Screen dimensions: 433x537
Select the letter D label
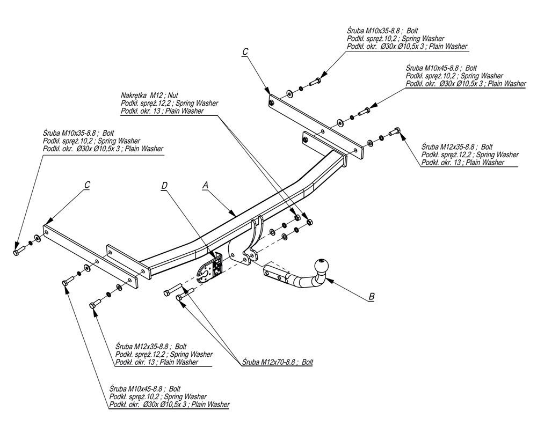164,186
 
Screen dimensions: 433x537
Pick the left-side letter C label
87,185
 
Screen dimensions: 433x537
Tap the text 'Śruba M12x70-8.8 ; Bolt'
277,362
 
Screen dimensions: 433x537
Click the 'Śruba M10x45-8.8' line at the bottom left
144,388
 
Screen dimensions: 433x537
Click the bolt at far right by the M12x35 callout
397,131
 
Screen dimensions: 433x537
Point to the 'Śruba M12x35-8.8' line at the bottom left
151,347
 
